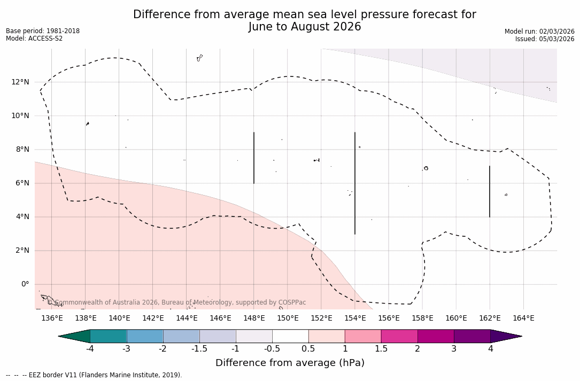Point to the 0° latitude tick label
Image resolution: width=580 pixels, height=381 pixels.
(x=25, y=284)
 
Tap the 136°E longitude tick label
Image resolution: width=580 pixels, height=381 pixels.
(x=52, y=318)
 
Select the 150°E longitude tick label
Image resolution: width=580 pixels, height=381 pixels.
(x=288, y=318)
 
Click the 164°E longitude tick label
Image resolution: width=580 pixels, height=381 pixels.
(x=523, y=318)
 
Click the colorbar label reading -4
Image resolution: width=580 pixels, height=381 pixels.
(x=90, y=349)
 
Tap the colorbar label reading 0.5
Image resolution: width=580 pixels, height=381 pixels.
(x=308, y=349)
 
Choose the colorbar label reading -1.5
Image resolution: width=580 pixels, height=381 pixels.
(x=199, y=349)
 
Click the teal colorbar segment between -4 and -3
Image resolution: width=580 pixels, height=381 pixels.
(x=109, y=336)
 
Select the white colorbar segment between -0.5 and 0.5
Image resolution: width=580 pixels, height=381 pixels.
(x=290, y=336)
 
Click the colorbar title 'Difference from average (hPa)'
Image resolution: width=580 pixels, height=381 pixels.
(x=290, y=363)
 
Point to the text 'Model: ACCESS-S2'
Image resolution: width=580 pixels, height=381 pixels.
(x=34, y=38)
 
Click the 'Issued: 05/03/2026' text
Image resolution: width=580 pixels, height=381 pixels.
(x=545, y=39)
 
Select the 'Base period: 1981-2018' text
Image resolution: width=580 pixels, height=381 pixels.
(x=43, y=31)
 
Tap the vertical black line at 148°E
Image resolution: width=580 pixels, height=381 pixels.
(x=254, y=158)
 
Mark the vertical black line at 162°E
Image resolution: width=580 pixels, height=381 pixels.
(x=490, y=191)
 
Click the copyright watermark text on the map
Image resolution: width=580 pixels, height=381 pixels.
(x=176, y=302)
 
